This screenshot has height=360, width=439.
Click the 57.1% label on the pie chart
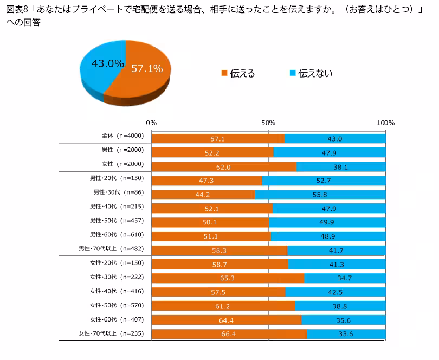point(147,69)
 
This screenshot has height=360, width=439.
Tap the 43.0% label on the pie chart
point(108,63)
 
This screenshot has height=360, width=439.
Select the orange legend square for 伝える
point(224,73)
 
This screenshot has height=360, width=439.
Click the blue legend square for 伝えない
point(293,73)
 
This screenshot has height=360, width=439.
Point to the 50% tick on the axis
point(269,123)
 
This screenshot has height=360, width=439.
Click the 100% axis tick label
point(385,123)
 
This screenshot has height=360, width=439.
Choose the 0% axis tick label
point(152,123)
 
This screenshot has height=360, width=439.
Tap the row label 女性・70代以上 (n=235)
point(111,333)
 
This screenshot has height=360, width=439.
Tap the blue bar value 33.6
point(345,334)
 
